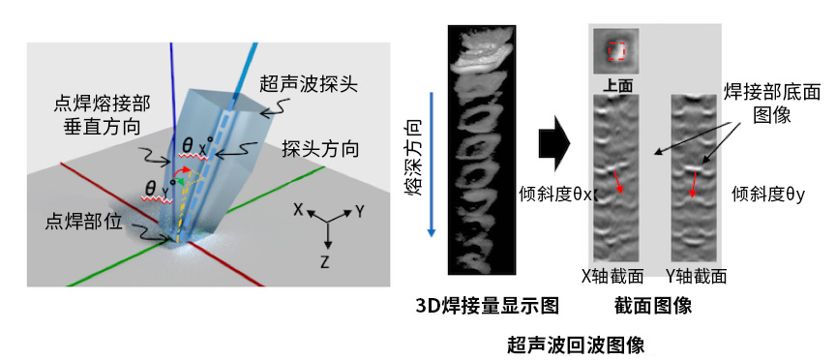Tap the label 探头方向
coord(321,150)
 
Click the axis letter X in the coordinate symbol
coord(300,210)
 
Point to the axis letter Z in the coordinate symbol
coord(327,261)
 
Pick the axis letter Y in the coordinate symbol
coord(359,210)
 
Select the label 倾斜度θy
coord(769,195)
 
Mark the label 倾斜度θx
coord(555,194)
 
